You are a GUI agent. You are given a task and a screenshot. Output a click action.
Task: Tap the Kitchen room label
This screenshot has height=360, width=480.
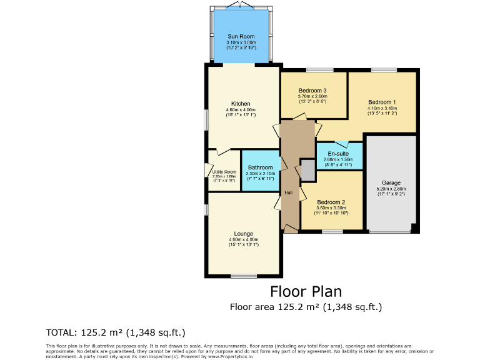point(241,104)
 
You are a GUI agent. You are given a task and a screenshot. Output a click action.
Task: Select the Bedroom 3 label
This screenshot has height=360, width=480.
point(312,91)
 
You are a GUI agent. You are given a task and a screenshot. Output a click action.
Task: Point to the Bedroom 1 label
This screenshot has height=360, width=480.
point(382,102)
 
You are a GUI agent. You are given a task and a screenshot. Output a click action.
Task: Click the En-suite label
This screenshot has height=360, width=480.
point(338,154)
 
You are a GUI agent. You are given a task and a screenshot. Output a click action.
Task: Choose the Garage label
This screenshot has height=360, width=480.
point(391,183)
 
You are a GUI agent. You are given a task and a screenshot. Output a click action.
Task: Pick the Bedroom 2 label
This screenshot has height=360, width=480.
point(331,202)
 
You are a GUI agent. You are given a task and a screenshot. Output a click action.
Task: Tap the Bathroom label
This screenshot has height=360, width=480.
point(260,167)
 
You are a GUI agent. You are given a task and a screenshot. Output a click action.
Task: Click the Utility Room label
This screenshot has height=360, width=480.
point(224,172)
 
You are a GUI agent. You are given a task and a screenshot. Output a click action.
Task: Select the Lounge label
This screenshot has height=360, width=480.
point(243,234)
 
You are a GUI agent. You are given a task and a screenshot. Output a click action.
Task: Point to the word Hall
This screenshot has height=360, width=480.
point(288,192)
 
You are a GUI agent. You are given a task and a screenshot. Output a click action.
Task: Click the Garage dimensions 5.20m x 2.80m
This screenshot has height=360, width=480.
point(391,189)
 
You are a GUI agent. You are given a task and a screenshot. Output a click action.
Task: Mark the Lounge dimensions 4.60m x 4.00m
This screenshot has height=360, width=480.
point(243,239)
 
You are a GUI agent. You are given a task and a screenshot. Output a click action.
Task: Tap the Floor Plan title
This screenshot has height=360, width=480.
point(306,291)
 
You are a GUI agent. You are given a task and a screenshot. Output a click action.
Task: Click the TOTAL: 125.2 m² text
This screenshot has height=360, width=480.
point(116,332)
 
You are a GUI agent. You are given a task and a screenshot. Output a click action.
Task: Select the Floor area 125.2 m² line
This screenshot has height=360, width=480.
point(306,307)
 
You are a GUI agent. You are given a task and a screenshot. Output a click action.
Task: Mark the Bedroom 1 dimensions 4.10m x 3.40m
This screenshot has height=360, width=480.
point(382,108)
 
